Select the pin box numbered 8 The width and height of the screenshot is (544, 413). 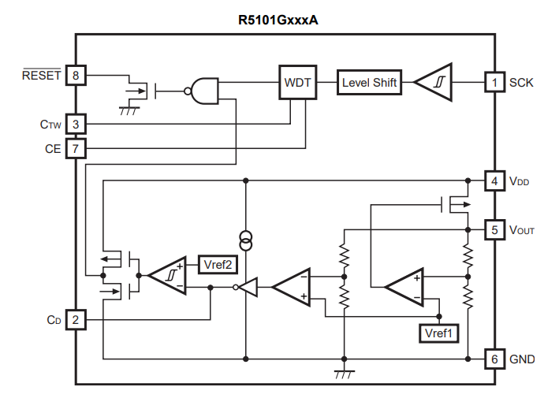click(76, 76)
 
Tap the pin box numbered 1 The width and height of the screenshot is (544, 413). click(494, 82)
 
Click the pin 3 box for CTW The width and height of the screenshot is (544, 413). click(76, 124)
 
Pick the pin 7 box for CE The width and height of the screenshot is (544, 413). click(76, 147)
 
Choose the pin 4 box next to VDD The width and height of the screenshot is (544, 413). click(494, 181)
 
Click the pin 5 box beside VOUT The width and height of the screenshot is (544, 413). click(494, 230)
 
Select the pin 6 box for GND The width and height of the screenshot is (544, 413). click(494, 359)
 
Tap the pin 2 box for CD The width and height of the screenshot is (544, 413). click(76, 320)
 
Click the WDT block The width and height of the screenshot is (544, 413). click(297, 82)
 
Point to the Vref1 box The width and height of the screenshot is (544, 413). click(438, 333)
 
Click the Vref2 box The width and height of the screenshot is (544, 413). click(217, 264)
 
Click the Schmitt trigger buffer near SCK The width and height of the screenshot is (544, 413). click(433, 82)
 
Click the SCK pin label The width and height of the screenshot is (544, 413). click(521, 82)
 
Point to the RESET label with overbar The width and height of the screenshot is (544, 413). click(41, 76)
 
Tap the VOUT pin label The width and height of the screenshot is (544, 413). click(522, 231)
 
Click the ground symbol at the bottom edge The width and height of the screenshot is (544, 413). click(344, 374)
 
